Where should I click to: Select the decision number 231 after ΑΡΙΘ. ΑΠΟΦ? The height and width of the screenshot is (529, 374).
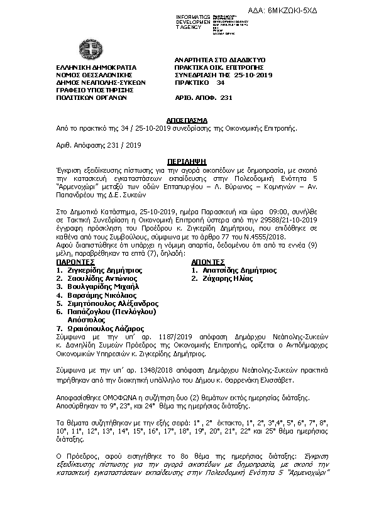click(227, 98)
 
